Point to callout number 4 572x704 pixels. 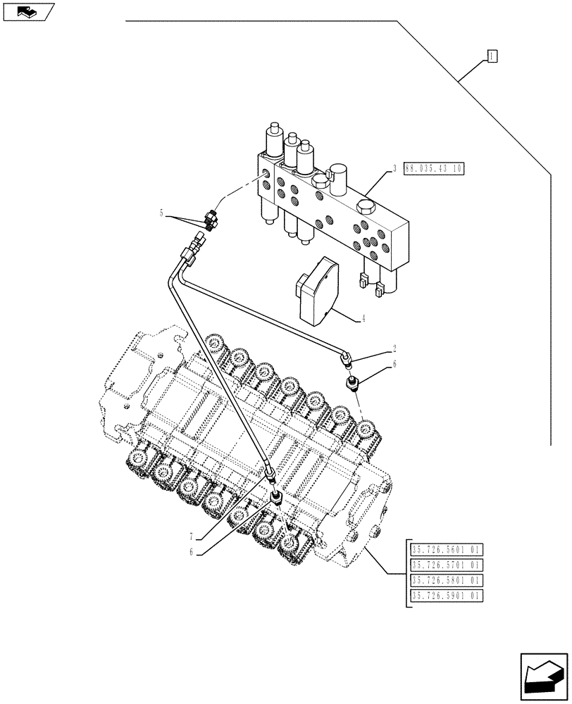[363, 318]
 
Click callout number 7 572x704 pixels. [192, 537]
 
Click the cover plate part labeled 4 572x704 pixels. [318, 289]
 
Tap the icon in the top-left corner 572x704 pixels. [27, 11]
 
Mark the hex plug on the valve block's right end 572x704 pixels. [366, 207]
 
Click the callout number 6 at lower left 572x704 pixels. [190, 553]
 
